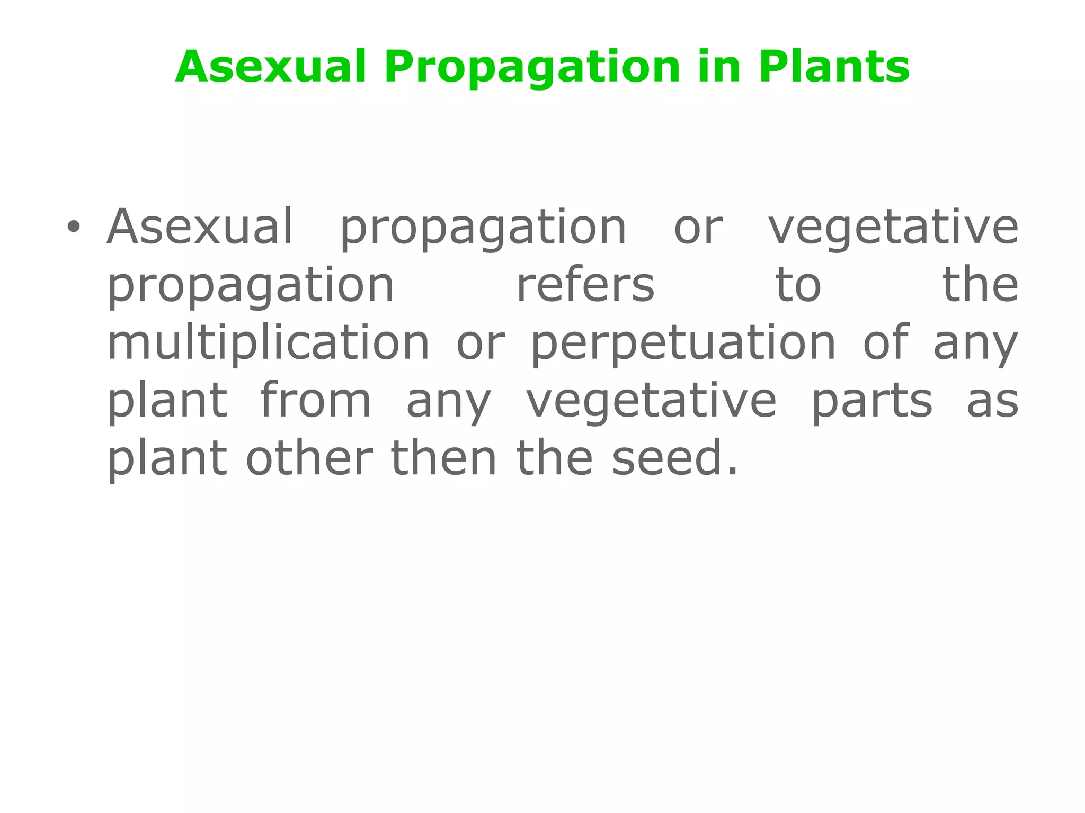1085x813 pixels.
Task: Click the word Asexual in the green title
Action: pos(271,67)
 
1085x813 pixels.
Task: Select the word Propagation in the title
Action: pos(532,68)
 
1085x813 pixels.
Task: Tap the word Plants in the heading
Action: pos(834,67)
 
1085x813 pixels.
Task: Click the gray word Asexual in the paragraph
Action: pos(200,227)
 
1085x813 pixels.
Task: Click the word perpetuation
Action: pos(683,344)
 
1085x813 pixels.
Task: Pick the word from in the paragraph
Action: pos(316,401)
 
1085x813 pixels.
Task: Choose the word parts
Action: pos(871,402)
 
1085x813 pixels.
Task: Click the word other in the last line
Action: pos(309,458)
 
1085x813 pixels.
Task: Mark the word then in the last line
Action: pos(443,458)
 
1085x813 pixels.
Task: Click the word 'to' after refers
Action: pos(798,286)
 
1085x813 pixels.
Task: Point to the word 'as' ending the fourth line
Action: pos(992,401)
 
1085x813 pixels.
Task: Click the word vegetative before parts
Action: pos(651,401)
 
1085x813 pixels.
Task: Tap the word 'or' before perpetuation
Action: pos(481,344)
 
